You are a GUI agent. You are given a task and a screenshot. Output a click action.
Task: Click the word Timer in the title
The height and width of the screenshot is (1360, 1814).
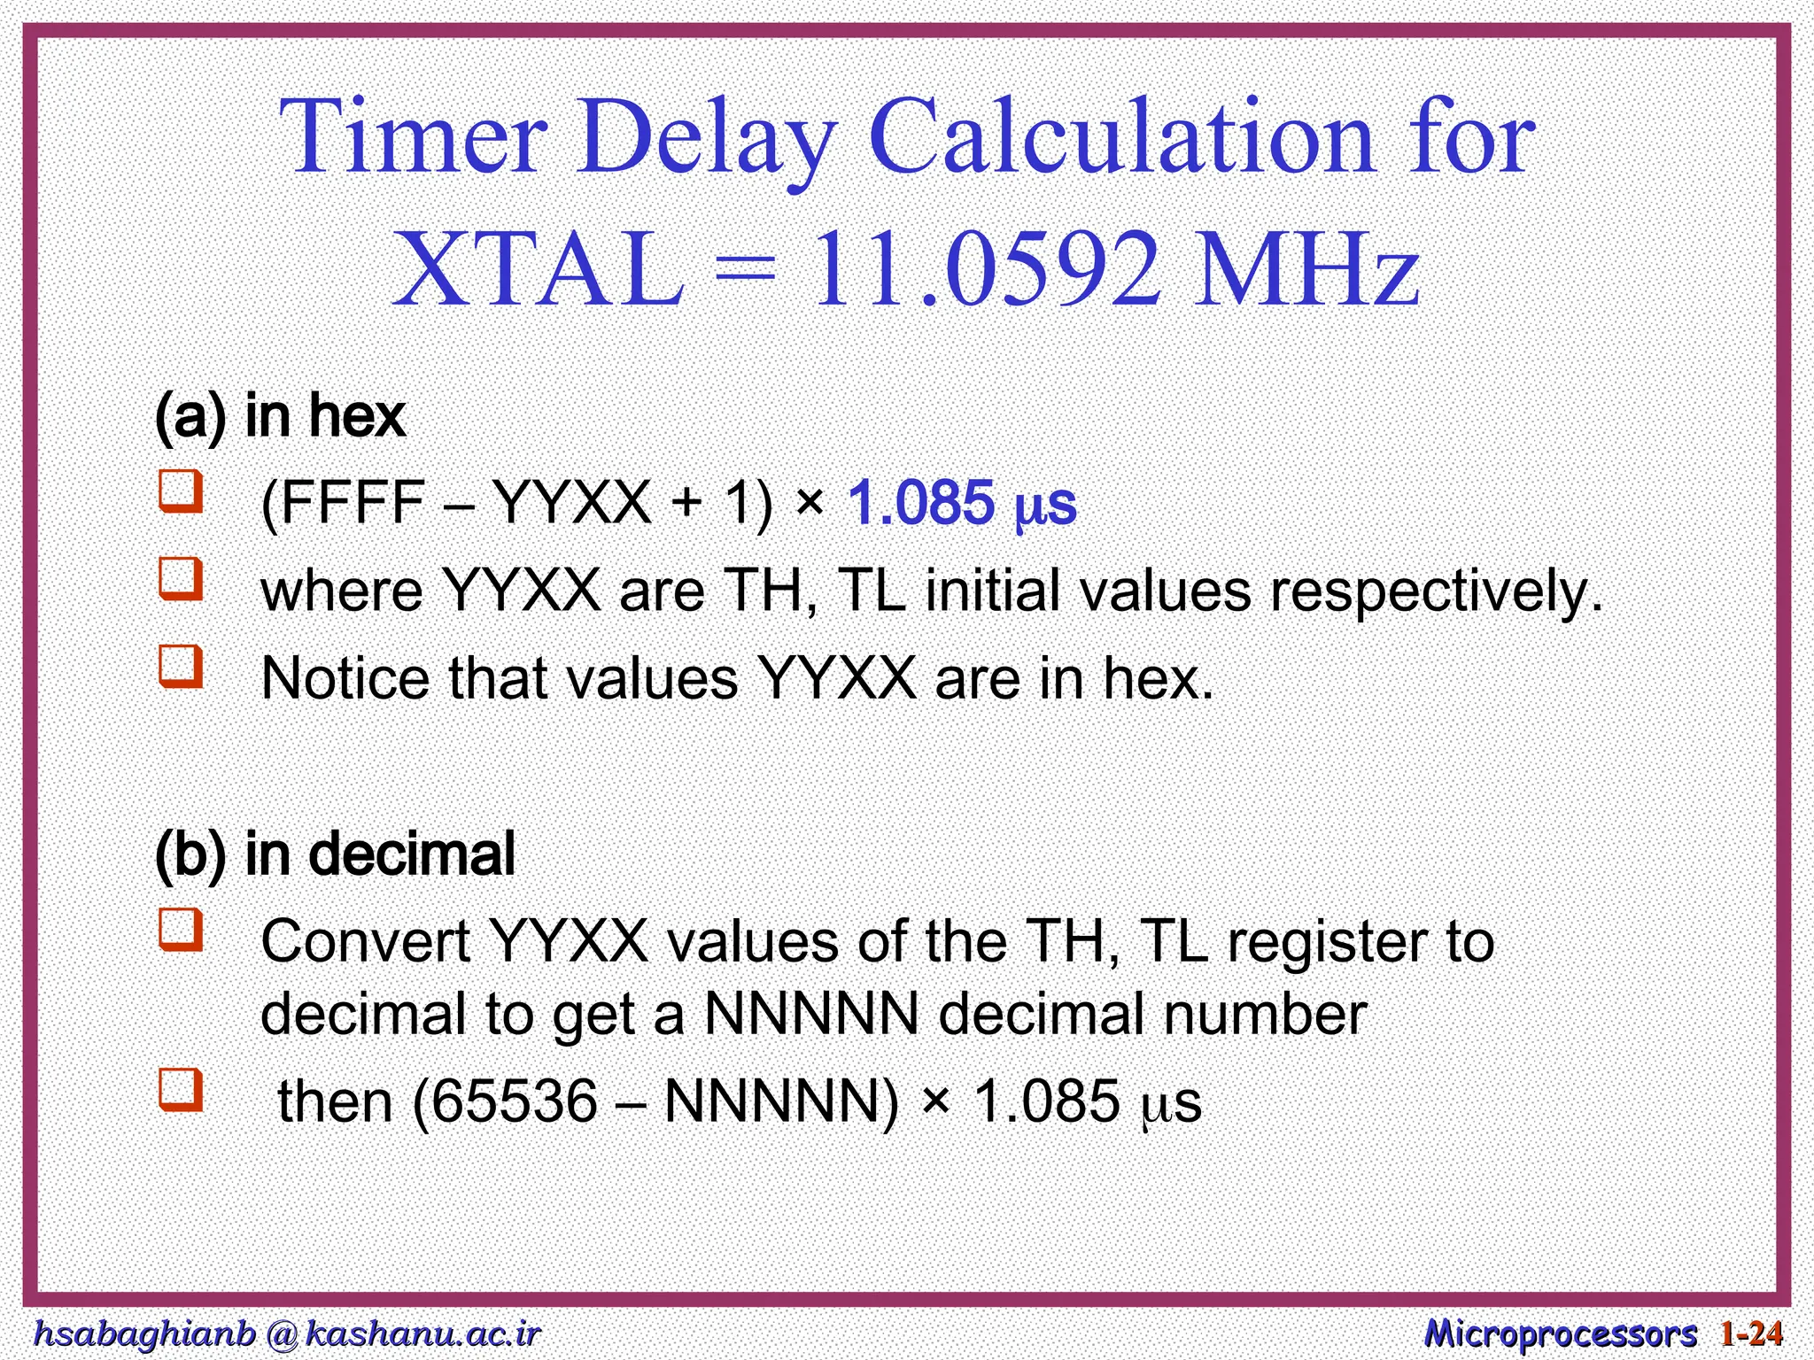click(413, 138)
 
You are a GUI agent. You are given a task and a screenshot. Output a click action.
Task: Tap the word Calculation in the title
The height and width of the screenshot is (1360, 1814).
click(1121, 138)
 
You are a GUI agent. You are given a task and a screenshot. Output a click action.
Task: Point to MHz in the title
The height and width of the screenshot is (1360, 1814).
click(1306, 269)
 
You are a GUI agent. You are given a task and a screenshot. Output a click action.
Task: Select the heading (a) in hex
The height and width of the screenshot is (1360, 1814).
click(280, 415)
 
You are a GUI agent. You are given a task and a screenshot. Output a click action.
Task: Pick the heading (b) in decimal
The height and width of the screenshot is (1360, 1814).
click(335, 854)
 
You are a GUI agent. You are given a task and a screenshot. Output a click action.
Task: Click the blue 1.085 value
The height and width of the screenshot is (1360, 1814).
click(921, 503)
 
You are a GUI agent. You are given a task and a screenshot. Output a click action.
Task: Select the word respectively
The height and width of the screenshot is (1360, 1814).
click(1436, 591)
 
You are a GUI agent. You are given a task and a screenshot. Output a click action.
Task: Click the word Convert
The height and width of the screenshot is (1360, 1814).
click(365, 941)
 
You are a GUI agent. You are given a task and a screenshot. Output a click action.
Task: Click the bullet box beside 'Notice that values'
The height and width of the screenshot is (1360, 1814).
click(181, 666)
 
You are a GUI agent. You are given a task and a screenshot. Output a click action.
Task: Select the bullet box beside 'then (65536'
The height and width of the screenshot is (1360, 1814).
click(181, 1090)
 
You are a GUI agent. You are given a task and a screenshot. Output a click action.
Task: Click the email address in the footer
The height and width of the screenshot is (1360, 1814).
click(286, 1333)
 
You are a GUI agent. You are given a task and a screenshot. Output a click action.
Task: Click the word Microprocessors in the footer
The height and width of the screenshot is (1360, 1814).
click(1560, 1333)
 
